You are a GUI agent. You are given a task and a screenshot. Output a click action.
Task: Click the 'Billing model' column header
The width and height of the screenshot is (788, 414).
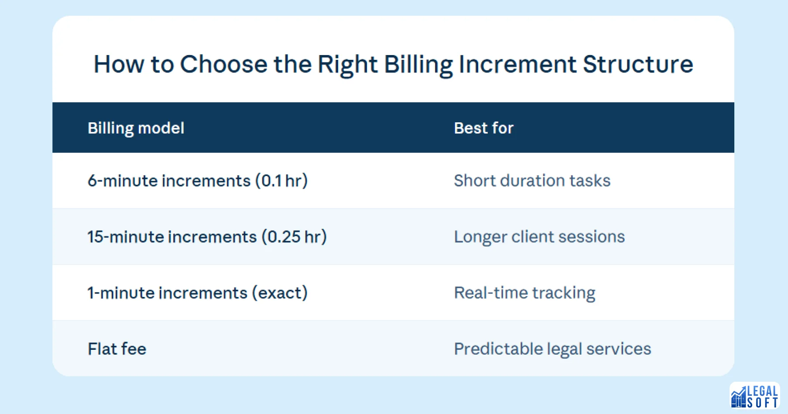click(x=136, y=128)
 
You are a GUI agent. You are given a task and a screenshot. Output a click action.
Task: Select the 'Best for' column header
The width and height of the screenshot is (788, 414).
click(x=483, y=128)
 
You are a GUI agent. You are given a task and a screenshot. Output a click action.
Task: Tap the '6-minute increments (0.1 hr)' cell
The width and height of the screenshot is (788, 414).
click(x=197, y=181)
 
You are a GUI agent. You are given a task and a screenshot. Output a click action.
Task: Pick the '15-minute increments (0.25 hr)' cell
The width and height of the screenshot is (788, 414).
click(x=207, y=237)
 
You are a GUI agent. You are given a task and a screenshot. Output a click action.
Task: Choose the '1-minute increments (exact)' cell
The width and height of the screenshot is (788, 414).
click(x=197, y=293)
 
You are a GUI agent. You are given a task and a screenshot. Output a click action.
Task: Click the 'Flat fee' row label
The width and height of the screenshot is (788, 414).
click(x=117, y=349)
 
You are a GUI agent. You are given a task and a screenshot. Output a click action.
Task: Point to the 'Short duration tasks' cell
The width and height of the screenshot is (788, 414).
click(x=532, y=181)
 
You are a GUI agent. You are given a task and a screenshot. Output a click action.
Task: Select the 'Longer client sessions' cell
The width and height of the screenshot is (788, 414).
click(x=539, y=237)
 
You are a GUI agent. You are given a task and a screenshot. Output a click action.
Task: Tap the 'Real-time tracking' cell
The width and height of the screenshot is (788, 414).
click(x=524, y=293)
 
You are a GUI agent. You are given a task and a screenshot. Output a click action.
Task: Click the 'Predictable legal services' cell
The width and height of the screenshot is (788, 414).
click(x=552, y=349)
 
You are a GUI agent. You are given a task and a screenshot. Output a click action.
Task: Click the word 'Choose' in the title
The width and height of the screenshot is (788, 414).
click(x=223, y=64)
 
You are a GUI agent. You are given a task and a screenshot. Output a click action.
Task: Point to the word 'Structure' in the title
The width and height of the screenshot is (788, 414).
click(x=638, y=64)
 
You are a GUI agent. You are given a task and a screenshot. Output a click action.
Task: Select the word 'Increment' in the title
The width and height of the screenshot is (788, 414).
click(x=517, y=64)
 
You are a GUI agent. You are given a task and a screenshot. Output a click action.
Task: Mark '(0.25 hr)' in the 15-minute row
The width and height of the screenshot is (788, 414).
click(x=294, y=237)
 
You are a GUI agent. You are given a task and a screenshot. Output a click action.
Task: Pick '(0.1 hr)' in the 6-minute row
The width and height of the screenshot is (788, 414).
click(x=281, y=181)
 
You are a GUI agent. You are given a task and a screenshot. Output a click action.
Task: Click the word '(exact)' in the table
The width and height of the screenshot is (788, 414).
click(x=280, y=293)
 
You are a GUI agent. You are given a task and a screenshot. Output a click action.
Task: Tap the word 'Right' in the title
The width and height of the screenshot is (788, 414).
click(x=347, y=64)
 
